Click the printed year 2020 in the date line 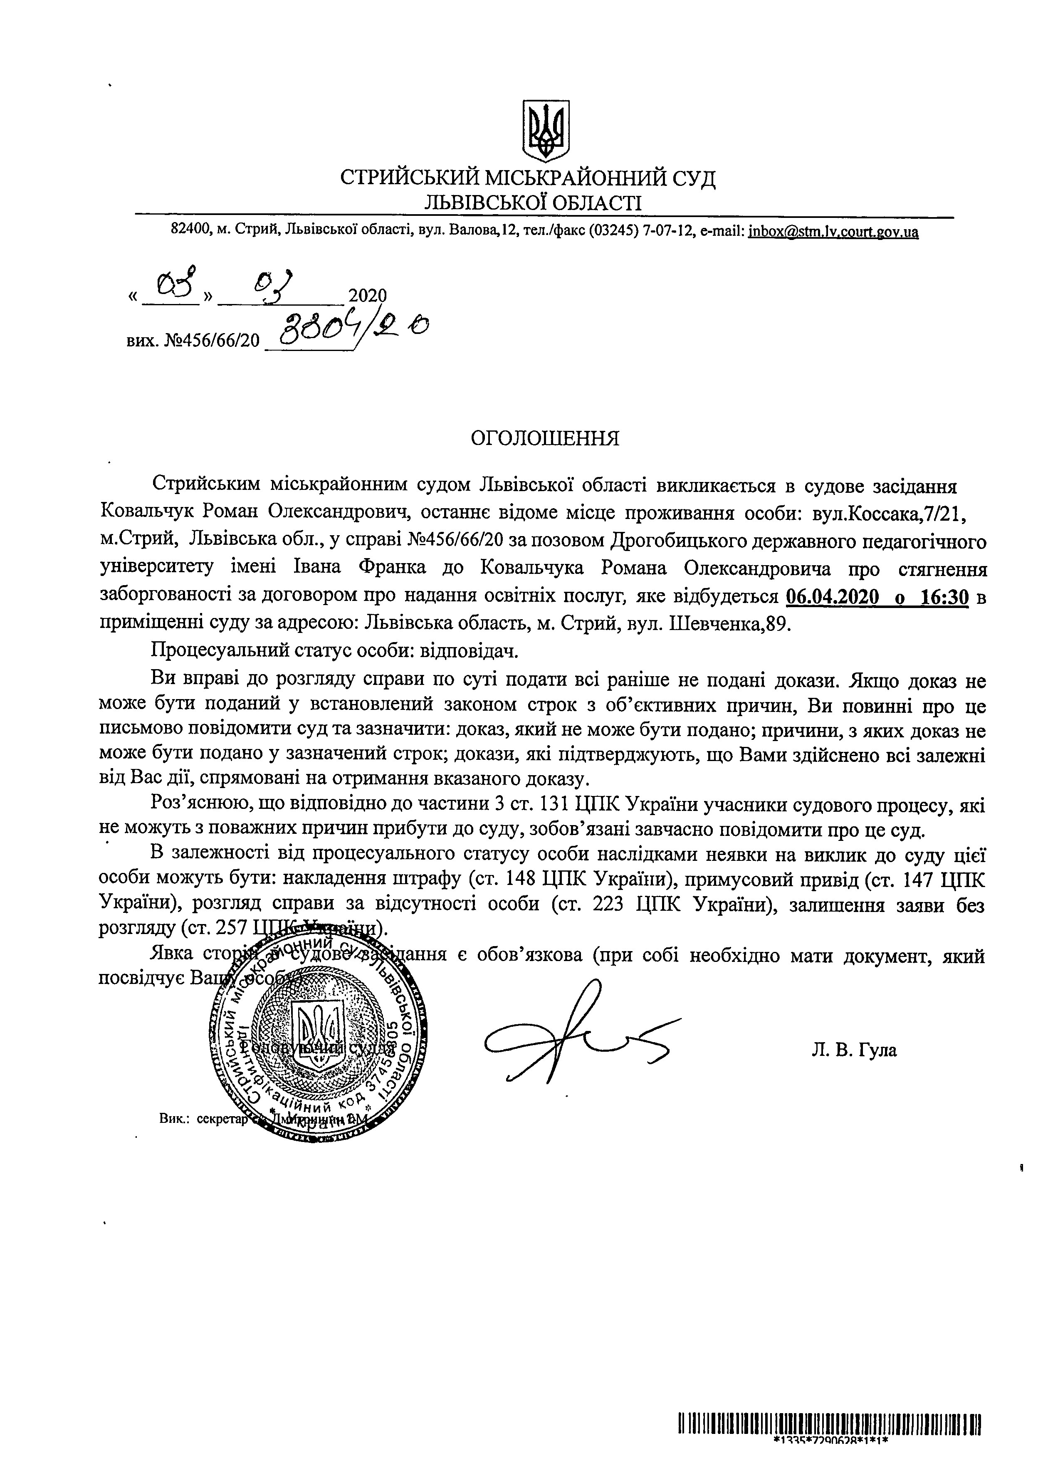pyautogui.click(x=367, y=295)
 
